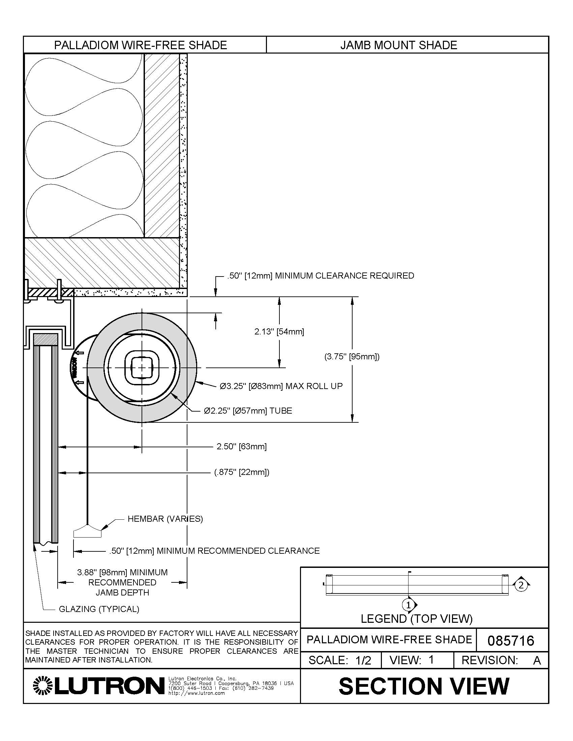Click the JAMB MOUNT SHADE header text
pos(398,45)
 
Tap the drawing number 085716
pos(511,641)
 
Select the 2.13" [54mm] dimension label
pos(279,331)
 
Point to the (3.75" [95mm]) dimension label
pos(352,357)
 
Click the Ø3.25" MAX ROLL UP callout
pos(281,386)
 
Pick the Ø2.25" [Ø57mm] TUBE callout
pos(248,411)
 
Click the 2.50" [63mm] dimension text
pos(241,447)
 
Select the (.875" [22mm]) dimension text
pos(241,472)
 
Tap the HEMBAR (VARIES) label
pos(165,519)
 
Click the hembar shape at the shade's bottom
pos(87,532)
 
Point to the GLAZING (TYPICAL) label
pos(99,609)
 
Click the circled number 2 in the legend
pos(521,585)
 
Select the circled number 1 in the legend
pos(409,605)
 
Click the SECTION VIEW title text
pos(424,686)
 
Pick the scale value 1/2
pos(363,660)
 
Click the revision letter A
pos(537,660)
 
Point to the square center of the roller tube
pos(142,367)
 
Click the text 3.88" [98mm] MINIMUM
pos(122,572)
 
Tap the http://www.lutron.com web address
pos(197,693)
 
